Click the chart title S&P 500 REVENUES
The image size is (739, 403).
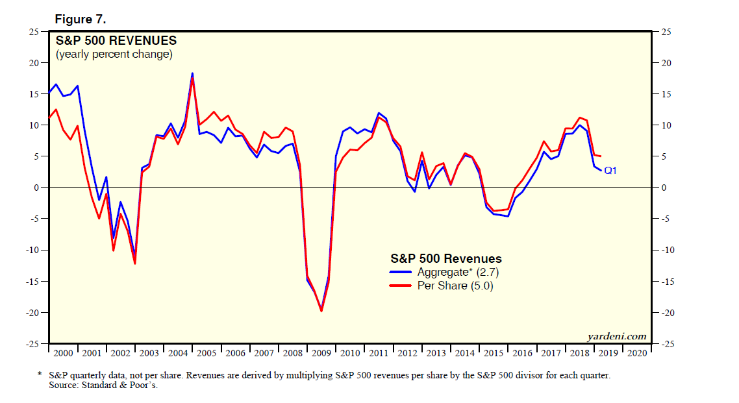point(115,41)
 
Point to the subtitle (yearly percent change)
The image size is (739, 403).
point(114,55)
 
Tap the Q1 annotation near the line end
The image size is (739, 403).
point(610,171)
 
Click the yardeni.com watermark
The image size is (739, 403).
point(617,336)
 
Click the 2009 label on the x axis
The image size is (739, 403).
point(322,353)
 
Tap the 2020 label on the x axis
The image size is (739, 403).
point(636,353)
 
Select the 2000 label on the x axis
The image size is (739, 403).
point(63,353)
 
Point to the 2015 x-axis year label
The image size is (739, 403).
point(493,353)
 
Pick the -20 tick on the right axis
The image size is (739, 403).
point(669,313)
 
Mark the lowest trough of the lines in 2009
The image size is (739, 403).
point(321,310)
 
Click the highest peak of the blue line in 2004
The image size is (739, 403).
point(192,74)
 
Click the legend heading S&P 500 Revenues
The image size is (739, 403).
point(445,259)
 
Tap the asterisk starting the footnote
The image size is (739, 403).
point(40,375)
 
